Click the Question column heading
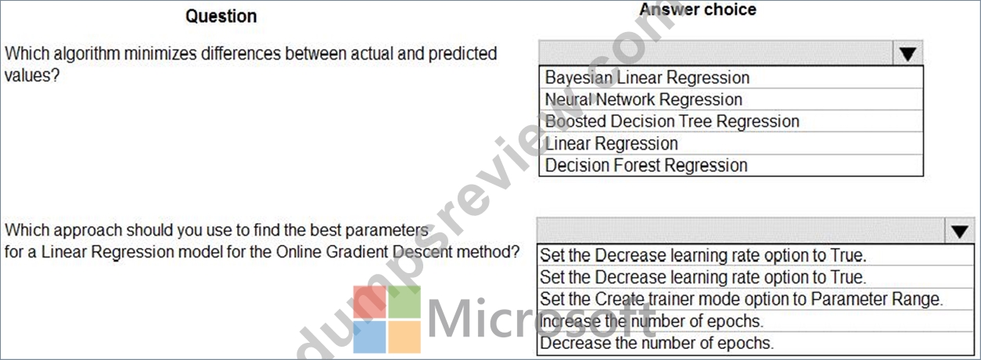click(221, 16)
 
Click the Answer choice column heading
click(698, 9)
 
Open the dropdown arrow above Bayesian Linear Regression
click(907, 53)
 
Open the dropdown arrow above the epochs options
click(959, 231)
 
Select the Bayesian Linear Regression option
click(647, 77)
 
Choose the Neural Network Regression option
click(643, 99)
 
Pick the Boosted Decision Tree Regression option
click(672, 121)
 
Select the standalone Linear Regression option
click(612, 143)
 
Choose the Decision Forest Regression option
click(646, 165)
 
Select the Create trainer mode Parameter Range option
click(741, 299)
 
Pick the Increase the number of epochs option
click(651, 321)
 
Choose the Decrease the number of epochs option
click(656, 343)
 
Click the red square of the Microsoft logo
click(369, 302)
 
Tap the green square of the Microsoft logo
click(404, 302)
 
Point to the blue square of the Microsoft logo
click(369, 337)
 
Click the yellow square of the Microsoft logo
click(404, 337)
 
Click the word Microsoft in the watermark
click(541, 319)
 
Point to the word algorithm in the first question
click(87, 54)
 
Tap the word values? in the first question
click(31, 76)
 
